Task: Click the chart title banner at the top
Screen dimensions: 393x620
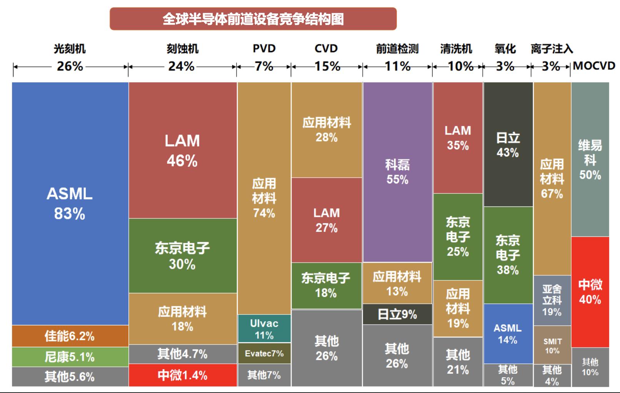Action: point(253,19)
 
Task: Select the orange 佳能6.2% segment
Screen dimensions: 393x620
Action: point(70,336)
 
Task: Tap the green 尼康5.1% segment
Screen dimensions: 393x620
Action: point(70,357)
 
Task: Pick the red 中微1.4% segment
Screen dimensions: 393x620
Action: point(183,375)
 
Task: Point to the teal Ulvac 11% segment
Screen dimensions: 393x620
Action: point(264,329)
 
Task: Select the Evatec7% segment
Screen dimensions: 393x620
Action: point(264,353)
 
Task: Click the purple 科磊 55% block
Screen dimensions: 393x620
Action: point(397,172)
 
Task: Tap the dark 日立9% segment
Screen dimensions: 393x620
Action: point(397,314)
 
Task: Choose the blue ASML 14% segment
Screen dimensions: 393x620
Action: point(508,334)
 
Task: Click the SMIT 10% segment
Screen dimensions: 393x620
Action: point(552,345)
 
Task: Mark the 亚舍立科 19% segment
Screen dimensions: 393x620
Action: point(552,300)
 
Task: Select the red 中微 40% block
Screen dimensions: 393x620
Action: point(590,292)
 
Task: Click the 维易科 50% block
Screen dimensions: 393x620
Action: point(590,160)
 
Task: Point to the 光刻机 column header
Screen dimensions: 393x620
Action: point(70,49)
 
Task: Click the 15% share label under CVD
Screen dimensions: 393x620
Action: point(327,66)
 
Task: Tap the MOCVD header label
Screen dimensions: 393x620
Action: point(594,66)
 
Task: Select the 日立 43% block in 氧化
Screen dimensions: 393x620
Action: point(508,145)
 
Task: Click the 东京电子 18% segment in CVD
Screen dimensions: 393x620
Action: point(326,285)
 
